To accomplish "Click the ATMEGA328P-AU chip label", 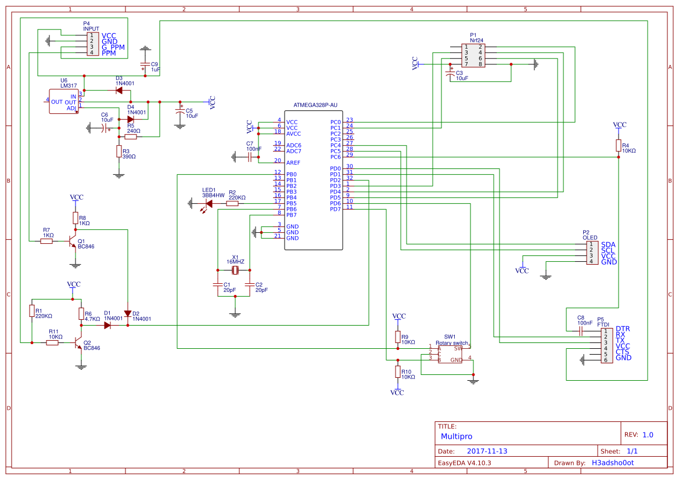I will (x=315, y=105).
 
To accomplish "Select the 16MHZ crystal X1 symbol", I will (x=235, y=270).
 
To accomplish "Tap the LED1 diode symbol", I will (x=209, y=203).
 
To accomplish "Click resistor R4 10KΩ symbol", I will (x=619, y=146).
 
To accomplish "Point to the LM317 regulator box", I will (x=63, y=101).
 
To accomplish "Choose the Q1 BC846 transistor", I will (x=72, y=241).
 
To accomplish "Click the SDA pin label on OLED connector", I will (x=608, y=245).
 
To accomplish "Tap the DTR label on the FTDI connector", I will (x=623, y=329).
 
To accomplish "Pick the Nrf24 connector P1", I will (x=473, y=56).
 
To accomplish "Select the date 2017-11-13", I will (x=487, y=451).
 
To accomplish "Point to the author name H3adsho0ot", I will (x=612, y=463).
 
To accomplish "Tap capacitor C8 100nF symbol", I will (x=581, y=331).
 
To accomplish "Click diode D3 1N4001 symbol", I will (x=123, y=91).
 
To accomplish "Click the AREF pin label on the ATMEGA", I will (x=293, y=163).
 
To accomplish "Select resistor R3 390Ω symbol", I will (x=119, y=152).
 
